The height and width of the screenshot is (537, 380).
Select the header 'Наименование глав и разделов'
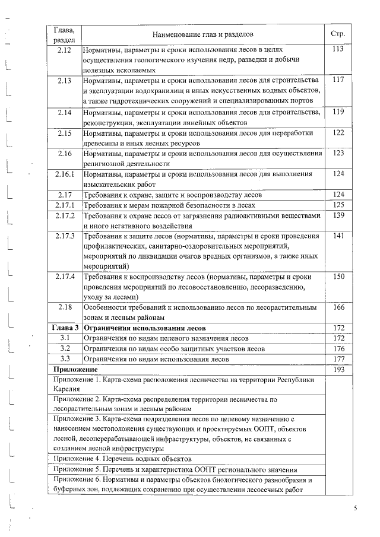pos(202,34)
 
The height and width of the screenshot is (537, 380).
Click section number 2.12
pos(65,50)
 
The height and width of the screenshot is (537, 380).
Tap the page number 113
pos(338,50)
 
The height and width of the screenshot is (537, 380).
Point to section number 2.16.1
pos(65,174)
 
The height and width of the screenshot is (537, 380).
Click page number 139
pos(338,215)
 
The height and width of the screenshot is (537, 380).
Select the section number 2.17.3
pos(65,236)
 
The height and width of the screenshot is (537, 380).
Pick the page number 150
pos(338,277)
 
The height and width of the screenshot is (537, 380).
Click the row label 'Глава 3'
pos(65,328)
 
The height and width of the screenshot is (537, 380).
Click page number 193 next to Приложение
pos(338,370)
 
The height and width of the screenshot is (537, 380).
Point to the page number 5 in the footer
pos(356,509)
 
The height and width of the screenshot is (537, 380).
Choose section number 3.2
pos(65,348)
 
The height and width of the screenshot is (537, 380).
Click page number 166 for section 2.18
pos(338,307)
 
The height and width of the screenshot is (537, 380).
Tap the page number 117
pos(338,80)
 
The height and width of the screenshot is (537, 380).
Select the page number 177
pos(338,359)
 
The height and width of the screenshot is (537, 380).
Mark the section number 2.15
pos(65,133)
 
